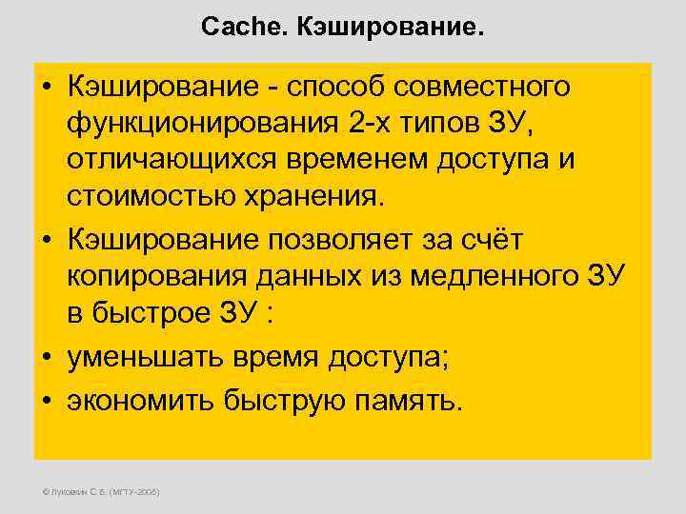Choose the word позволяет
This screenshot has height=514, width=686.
tap(344, 240)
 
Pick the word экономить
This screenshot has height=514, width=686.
tap(139, 401)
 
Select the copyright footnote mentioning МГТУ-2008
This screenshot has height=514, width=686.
tap(99, 492)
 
